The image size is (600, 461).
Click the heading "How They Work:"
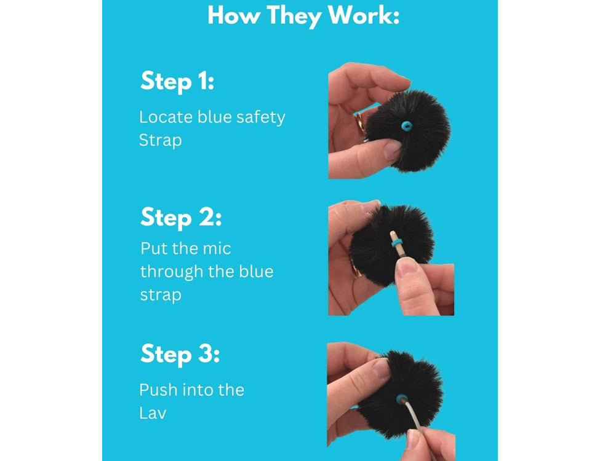pyautogui.click(x=303, y=16)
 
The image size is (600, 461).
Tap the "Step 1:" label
pyautogui.click(x=177, y=81)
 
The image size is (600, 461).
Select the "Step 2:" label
pyautogui.click(x=181, y=218)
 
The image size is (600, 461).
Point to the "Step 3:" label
pyautogui.click(x=180, y=354)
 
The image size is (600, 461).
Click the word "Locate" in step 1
pyautogui.click(x=166, y=117)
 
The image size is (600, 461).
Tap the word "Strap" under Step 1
pyautogui.click(x=161, y=141)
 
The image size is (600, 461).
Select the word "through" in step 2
pyautogui.click(x=172, y=272)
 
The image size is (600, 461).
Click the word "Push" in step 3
pyautogui.click(x=158, y=390)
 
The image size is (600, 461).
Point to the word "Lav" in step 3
pyautogui.click(x=153, y=413)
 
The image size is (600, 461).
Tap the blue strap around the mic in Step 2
pyautogui.click(x=396, y=242)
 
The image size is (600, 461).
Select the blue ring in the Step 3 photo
pyautogui.click(x=401, y=399)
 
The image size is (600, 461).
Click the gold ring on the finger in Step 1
pyautogui.click(x=360, y=124)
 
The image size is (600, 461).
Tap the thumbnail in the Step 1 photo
pyautogui.click(x=392, y=149)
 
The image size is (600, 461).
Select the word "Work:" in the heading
pyautogui.click(x=363, y=16)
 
